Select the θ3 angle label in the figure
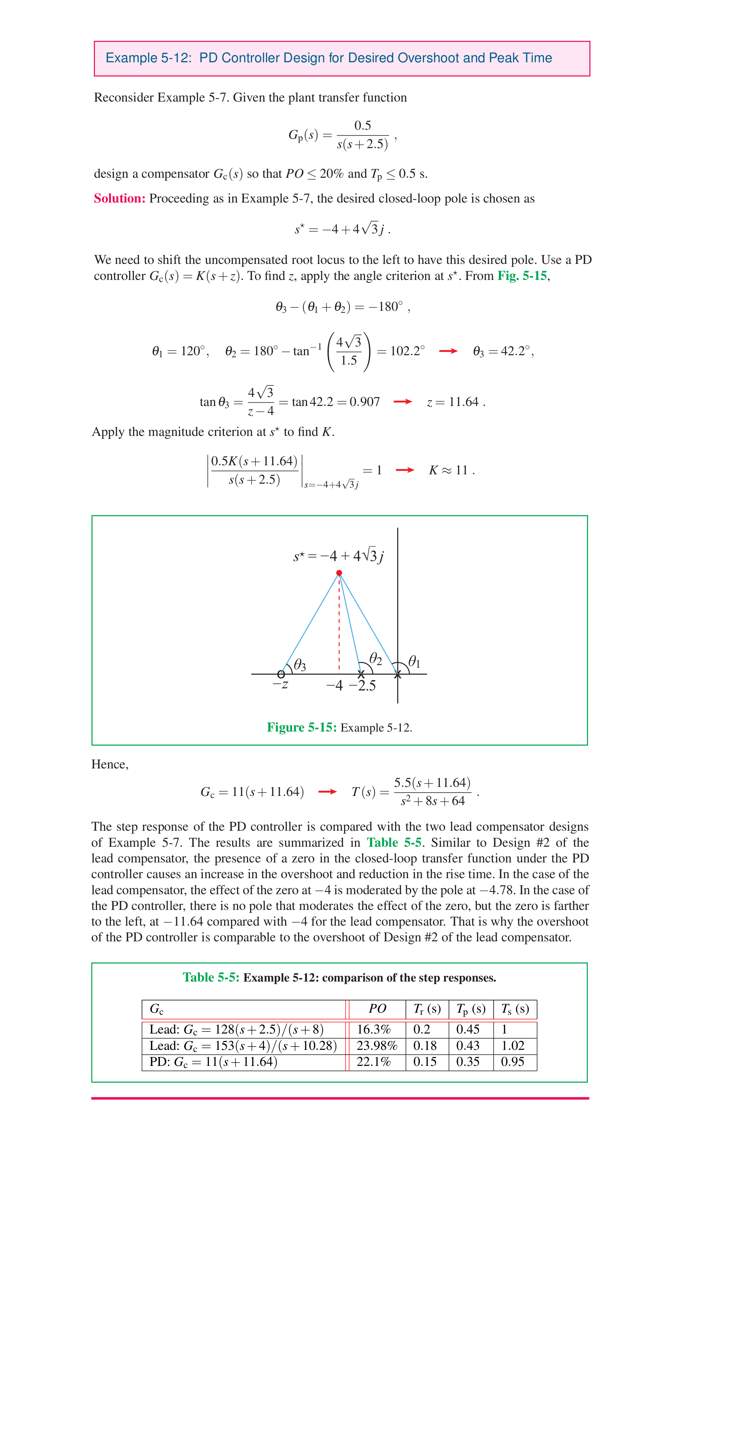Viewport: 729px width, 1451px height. (x=300, y=665)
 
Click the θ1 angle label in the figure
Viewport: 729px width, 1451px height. (x=414, y=661)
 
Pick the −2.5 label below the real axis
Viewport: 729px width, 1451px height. (x=362, y=686)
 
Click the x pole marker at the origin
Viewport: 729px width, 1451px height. (x=398, y=674)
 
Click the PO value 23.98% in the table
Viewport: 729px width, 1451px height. (x=377, y=1045)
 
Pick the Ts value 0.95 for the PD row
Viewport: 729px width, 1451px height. (x=513, y=1062)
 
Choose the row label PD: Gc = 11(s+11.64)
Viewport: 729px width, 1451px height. (x=213, y=1062)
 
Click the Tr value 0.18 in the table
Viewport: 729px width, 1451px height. (x=425, y=1045)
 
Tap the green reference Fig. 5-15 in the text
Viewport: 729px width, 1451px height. (x=522, y=275)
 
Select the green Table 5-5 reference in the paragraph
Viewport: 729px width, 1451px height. (x=394, y=843)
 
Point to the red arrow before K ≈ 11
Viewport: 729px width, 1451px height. (x=404, y=470)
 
